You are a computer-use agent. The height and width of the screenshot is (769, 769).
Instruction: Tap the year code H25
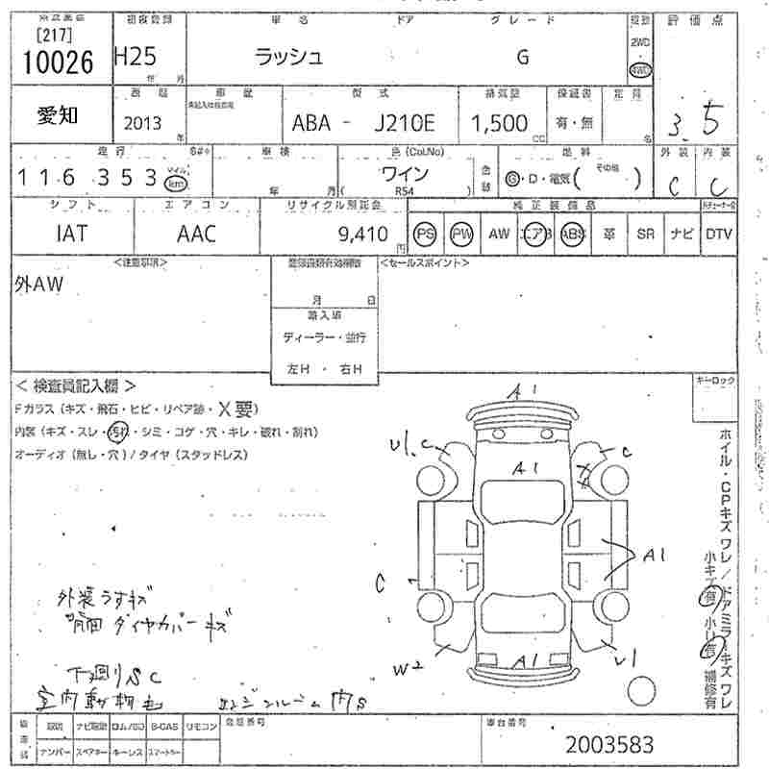(x=134, y=57)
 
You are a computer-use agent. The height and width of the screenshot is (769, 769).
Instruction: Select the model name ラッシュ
(x=287, y=57)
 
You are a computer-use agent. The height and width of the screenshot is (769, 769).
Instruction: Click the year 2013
(x=142, y=122)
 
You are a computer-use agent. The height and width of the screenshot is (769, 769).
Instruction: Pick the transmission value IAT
(x=72, y=234)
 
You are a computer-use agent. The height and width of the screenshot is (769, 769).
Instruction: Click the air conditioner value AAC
(x=197, y=234)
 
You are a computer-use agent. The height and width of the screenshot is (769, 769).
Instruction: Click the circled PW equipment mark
(x=462, y=234)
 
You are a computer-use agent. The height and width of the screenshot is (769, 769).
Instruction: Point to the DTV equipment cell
(x=719, y=234)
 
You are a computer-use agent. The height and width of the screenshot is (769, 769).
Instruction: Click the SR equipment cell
(x=645, y=234)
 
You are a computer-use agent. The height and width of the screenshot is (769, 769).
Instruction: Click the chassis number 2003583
(x=609, y=744)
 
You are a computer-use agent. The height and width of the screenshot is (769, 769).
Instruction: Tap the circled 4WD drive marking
(x=639, y=69)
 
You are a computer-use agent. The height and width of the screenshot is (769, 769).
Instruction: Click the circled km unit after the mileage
(x=175, y=182)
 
